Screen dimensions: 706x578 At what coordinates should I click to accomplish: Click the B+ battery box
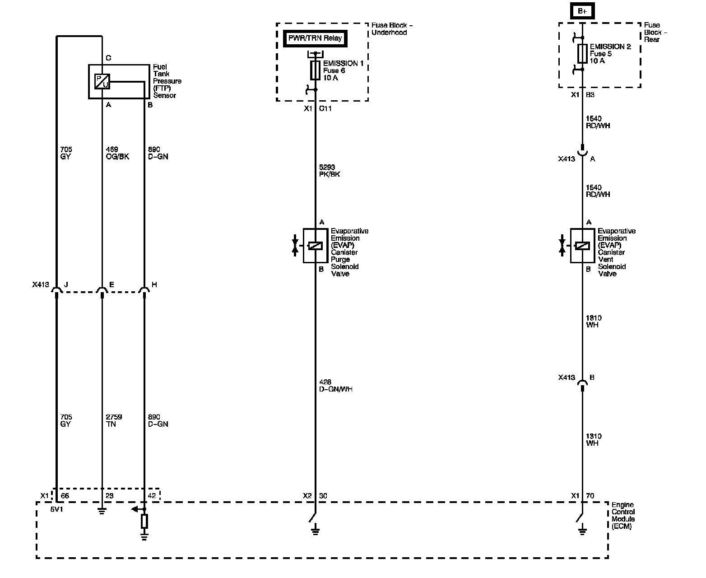coord(582,11)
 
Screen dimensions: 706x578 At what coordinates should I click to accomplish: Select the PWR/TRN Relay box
coord(315,38)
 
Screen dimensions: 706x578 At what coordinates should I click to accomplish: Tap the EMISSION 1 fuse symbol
coord(315,70)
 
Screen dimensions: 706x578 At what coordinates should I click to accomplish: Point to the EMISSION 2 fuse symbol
coord(582,54)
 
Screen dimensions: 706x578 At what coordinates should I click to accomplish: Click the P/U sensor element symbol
coord(102,81)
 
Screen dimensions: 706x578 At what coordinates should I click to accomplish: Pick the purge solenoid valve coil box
coord(316,246)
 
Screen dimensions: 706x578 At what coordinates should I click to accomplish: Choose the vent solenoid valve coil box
coord(582,246)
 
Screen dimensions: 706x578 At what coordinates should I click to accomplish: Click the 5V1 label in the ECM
coord(56,509)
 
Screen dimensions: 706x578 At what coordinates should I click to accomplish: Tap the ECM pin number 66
coord(65,496)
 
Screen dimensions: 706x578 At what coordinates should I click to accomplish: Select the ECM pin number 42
coord(152,496)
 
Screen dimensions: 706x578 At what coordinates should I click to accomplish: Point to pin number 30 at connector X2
coord(323,496)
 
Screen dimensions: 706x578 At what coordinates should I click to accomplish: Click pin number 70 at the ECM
coord(590,496)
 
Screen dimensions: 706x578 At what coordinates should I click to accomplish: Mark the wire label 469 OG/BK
coord(117,153)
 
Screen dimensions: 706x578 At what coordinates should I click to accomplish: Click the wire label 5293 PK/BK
coord(330,170)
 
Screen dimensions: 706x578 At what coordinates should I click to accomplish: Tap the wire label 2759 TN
coord(114,420)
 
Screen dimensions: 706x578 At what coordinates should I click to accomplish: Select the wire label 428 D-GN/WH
coord(336,386)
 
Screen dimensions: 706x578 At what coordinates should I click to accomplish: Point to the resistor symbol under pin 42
coord(144,522)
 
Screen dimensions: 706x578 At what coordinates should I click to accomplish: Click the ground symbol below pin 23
coord(102,511)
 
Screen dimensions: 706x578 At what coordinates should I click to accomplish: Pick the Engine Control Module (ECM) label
coord(623,515)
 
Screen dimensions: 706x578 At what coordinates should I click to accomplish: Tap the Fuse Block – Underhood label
coord(392,29)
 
